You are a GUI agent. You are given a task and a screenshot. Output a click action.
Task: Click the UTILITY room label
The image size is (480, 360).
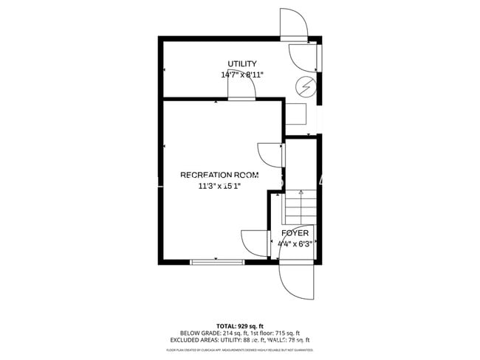point(242,64)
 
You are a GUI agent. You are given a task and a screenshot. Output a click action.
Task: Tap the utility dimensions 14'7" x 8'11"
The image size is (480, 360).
point(242,75)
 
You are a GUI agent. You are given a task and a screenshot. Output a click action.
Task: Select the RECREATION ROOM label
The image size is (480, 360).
point(219,175)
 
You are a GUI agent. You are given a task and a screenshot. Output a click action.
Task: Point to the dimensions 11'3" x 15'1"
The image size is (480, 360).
point(219,186)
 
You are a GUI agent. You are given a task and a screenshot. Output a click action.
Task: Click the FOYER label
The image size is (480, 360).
point(295,232)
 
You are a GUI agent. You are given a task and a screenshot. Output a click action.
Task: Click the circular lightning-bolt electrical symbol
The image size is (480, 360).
point(304,87)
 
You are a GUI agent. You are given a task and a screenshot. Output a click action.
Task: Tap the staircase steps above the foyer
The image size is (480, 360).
point(300,207)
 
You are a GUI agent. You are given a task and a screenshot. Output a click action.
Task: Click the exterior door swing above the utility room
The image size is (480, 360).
point(293,24)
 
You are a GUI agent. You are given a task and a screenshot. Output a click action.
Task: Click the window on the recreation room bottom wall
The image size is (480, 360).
point(217,261)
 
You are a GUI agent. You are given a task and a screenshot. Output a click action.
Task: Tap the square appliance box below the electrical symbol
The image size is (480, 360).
point(296,114)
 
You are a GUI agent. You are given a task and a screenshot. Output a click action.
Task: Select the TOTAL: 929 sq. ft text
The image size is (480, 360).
point(240,325)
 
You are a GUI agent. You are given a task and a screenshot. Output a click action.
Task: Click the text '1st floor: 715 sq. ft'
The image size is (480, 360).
point(274,333)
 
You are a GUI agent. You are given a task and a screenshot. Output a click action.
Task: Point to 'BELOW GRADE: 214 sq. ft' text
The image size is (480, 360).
point(208,333)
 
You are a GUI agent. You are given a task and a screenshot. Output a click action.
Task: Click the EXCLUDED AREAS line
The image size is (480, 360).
point(240,340)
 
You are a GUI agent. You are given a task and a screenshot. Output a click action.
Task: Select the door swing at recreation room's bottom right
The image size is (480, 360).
point(255,243)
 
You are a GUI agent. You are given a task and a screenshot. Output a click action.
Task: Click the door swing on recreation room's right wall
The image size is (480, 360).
point(270,155)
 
